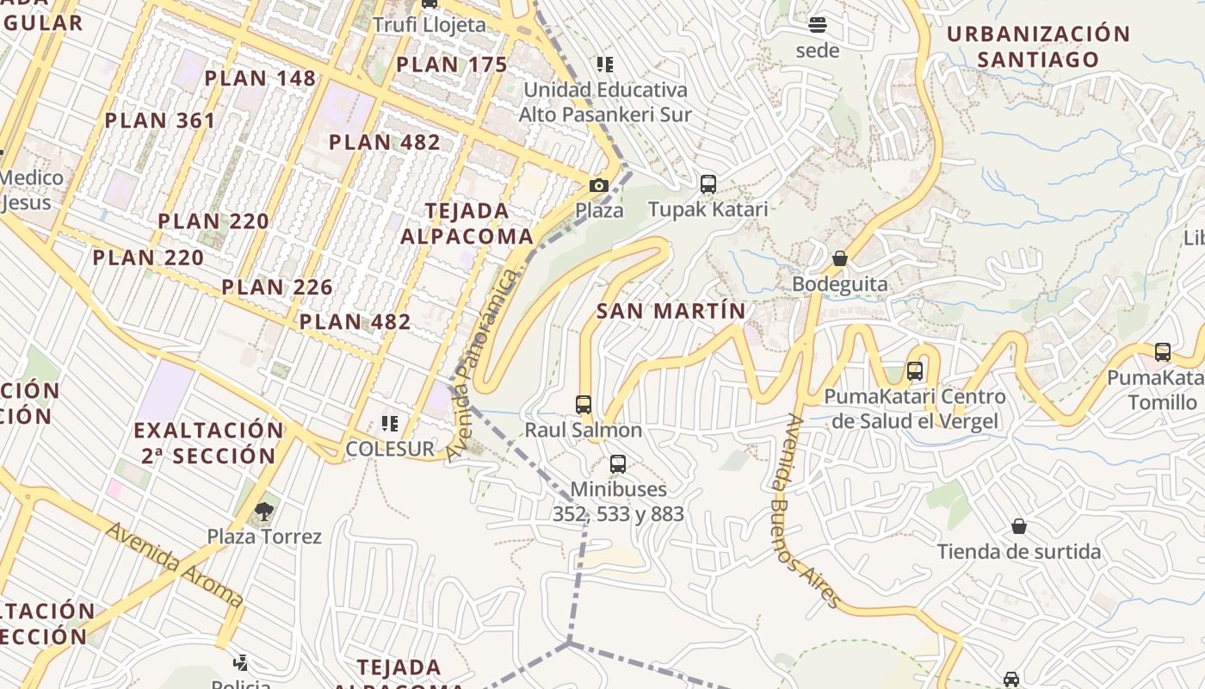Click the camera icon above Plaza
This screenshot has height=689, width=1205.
[x=599, y=185]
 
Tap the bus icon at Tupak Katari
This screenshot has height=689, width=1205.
[x=708, y=183]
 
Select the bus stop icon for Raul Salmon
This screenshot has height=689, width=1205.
[x=584, y=404]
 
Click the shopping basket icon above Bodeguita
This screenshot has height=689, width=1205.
[x=840, y=258]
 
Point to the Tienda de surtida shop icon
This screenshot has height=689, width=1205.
[x=1019, y=526]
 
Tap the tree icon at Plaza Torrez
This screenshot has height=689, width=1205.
[x=264, y=512]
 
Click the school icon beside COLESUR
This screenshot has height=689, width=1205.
[x=390, y=424]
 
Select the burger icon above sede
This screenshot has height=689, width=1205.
[x=818, y=24]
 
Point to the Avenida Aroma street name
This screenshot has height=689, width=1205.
[x=175, y=565]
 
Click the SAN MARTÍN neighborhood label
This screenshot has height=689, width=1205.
[x=671, y=311]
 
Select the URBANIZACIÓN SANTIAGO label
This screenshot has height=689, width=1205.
[x=1038, y=47]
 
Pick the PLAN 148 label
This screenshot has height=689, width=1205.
[x=260, y=78]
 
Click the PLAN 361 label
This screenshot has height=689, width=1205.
[x=160, y=121]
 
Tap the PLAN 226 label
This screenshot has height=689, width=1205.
[x=277, y=287]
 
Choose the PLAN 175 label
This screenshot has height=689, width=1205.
[x=452, y=65]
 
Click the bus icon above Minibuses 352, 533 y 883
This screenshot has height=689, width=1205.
[x=618, y=464]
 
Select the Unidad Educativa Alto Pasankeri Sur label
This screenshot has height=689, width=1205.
[x=605, y=102]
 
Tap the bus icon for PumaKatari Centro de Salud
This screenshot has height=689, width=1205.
[x=915, y=371]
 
